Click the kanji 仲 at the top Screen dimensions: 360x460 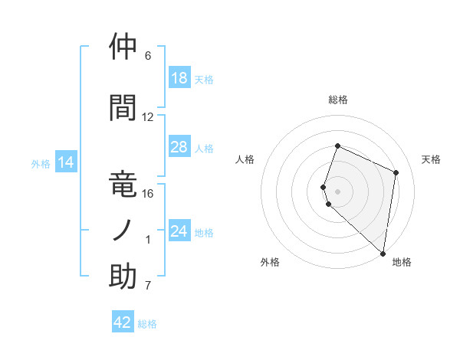[x=123, y=47]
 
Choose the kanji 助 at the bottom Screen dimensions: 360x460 [x=123, y=277]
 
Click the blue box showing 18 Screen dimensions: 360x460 [x=179, y=78]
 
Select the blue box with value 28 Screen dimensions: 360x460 [x=179, y=147]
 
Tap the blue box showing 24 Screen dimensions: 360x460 [x=179, y=231]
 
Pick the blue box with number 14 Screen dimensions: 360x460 [x=66, y=162]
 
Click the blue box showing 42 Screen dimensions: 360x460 [x=123, y=322]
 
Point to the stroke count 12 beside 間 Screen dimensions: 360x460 [x=148, y=117]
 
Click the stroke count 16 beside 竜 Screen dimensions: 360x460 [x=148, y=193]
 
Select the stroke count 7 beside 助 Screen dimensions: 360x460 [x=148, y=286]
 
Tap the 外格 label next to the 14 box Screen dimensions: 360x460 [x=40, y=163]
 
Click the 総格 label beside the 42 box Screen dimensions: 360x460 [x=147, y=324]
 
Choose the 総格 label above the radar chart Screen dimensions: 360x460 [x=338, y=100]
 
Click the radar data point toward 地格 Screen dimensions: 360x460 [x=383, y=254]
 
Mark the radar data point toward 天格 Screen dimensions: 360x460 [x=396, y=172]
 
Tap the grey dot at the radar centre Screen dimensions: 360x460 [x=338, y=191]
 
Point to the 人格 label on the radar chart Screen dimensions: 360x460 [x=245, y=159]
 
